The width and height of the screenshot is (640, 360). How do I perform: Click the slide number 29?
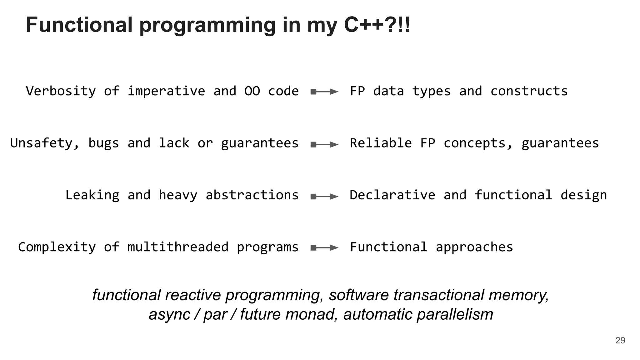point(620,340)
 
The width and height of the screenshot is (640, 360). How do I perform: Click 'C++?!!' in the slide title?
point(377,25)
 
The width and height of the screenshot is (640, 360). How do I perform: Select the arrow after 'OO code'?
point(324,92)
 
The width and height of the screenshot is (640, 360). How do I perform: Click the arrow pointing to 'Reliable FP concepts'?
point(324,144)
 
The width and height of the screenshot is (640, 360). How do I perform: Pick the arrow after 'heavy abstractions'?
point(324,197)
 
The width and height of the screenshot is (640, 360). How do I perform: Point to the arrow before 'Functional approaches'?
point(324,248)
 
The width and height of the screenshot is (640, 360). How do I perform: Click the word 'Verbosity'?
point(61,91)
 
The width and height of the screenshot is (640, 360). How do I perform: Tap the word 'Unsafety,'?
point(45,143)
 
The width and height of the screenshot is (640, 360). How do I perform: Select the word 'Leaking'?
point(92,195)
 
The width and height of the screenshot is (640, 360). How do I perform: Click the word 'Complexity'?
point(57,247)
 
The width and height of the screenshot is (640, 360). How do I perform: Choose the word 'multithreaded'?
point(178,247)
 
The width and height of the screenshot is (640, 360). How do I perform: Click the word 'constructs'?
point(529,91)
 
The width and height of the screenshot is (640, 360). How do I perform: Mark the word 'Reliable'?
point(381,143)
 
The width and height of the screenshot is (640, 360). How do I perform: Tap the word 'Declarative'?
point(392,195)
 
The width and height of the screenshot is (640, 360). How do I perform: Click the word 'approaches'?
point(474,247)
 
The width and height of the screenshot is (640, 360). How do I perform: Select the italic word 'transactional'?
point(438,295)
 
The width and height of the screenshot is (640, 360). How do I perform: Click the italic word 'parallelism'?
point(455,314)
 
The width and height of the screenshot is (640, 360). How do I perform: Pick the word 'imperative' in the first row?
point(166,91)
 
